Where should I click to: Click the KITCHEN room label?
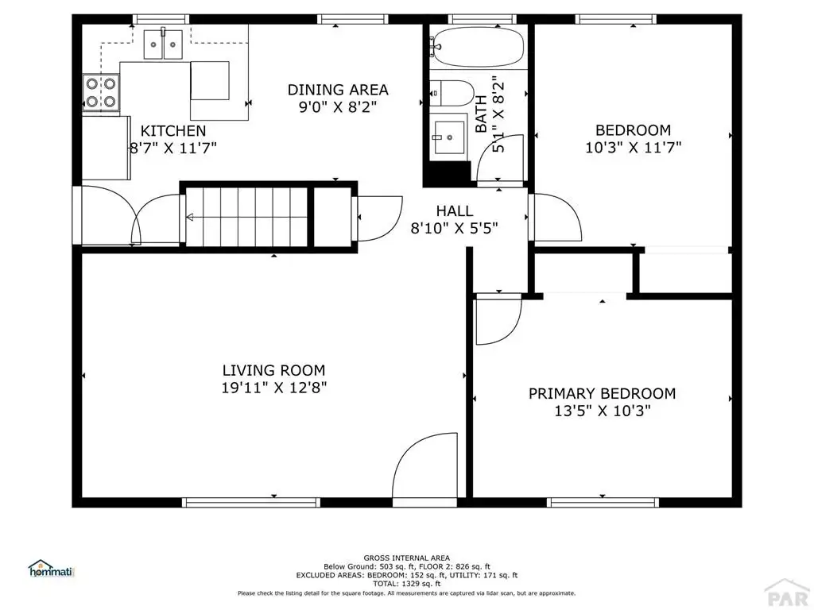pyautogui.click(x=173, y=131)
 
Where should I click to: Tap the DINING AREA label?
pyautogui.click(x=338, y=90)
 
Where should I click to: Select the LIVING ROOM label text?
pyautogui.click(x=273, y=370)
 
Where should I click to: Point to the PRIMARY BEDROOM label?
pyautogui.click(x=603, y=393)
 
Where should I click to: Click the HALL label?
pyautogui.click(x=454, y=210)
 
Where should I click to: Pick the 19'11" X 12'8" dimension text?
pyautogui.click(x=274, y=388)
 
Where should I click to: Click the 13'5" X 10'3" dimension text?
pyautogui.click(x=603, y=411)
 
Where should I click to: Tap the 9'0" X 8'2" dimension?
pyautogui.click(x=337, y=107)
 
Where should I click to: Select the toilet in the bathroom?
pyautogui.click(x=452, y=94)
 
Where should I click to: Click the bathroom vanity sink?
pyautogui.click(x=450, y=137)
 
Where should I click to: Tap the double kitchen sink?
pyautogui.click(x=163, y=44)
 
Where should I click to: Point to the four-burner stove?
pyautogui.click(x=101, y=92)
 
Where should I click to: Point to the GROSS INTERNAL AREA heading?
pyautogui.click(x=406, y=558)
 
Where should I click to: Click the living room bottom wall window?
pyautogui.click(x=250, y=502)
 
